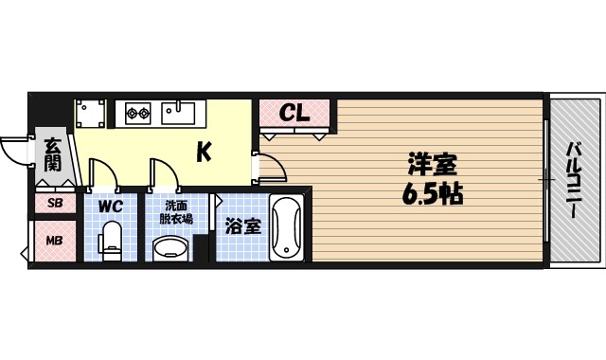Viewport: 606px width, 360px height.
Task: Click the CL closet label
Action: (x=294, y=114)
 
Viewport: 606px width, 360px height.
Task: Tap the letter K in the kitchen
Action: (x=204, y=151)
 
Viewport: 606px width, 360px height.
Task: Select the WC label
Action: (x=111, y=205)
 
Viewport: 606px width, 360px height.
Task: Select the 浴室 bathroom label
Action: (x=243, y=226)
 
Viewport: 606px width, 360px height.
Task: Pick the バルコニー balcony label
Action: (x=574, y=180)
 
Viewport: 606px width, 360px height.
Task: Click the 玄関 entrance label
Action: (x=53, y=153)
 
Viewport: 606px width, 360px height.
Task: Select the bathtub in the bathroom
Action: (x=285, y=228)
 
